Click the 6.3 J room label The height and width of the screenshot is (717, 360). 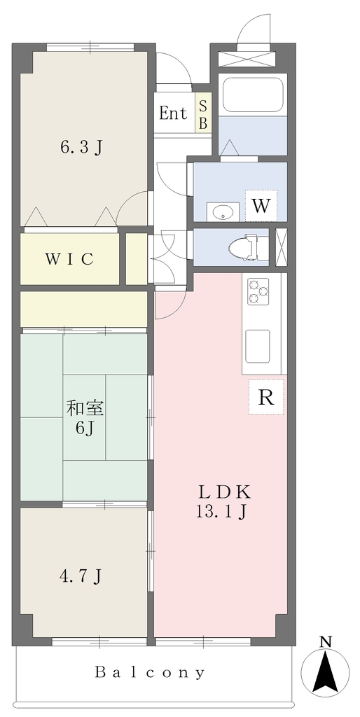[x=81, y=147]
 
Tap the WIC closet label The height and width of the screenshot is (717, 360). [x=69, y=259]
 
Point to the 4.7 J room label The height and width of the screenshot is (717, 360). [x=81, y=576]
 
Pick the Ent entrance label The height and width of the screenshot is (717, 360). [x=173, y=113]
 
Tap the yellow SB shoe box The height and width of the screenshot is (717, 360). [x=204, y=113]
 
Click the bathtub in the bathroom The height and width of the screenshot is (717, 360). [x=252, y=95]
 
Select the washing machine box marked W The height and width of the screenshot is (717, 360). [x=261, y=205]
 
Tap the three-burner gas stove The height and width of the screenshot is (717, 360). [x=258, y=292]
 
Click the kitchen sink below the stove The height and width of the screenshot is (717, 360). [x=258, y=346]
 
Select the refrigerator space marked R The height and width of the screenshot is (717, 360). [x=266, y=397]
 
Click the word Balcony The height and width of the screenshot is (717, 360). [x=150, y=672]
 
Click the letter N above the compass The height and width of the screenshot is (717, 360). [x=325, y=642]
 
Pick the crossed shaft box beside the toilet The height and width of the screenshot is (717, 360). [x=281, y=247]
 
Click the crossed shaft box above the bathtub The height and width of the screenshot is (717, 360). [x=247, y=59]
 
